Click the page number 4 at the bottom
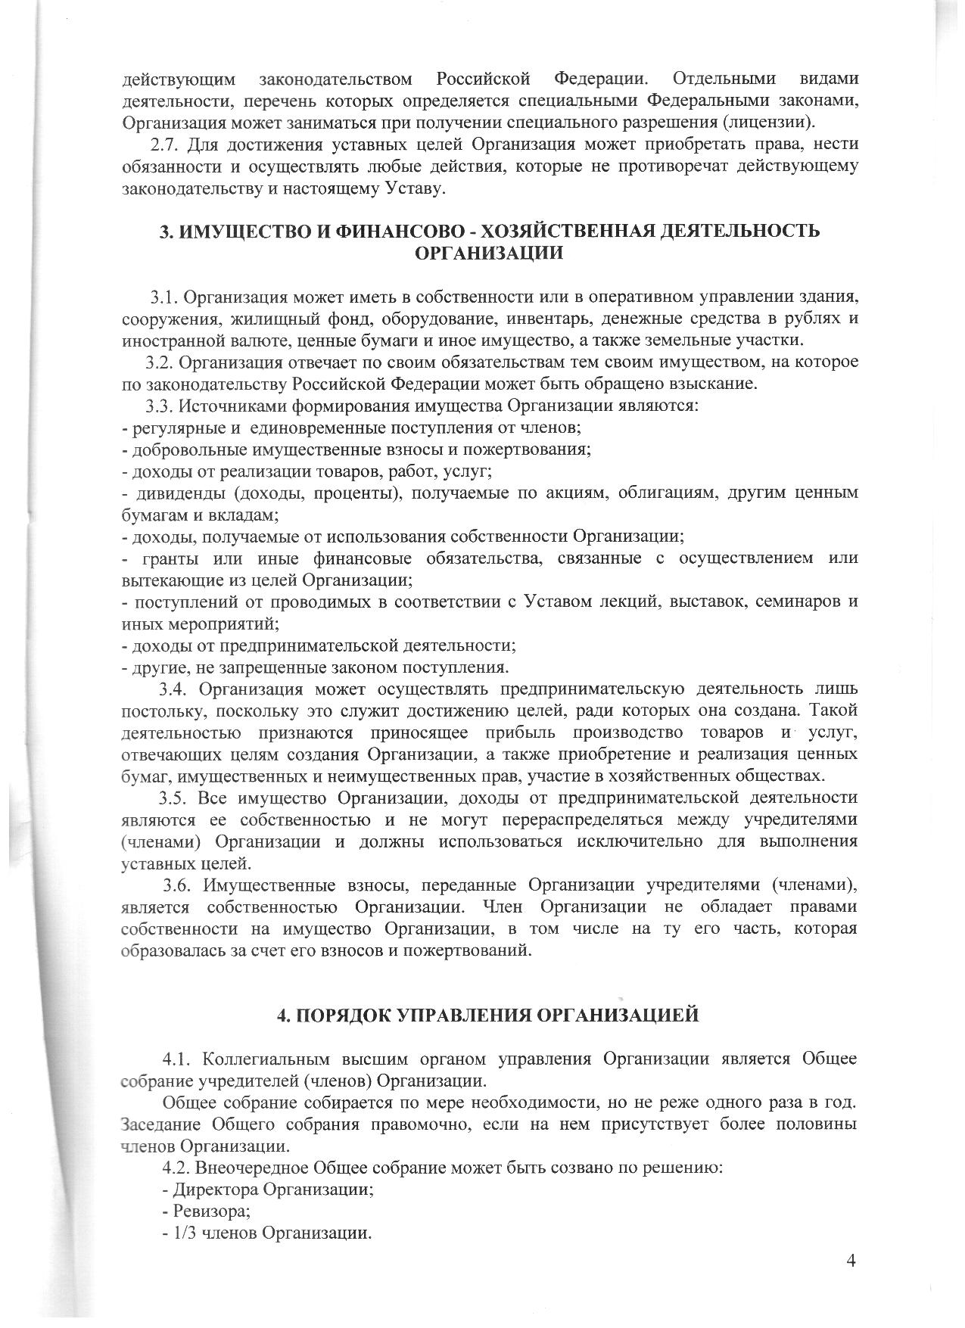pos(851,1260)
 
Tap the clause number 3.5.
pos(173,798)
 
